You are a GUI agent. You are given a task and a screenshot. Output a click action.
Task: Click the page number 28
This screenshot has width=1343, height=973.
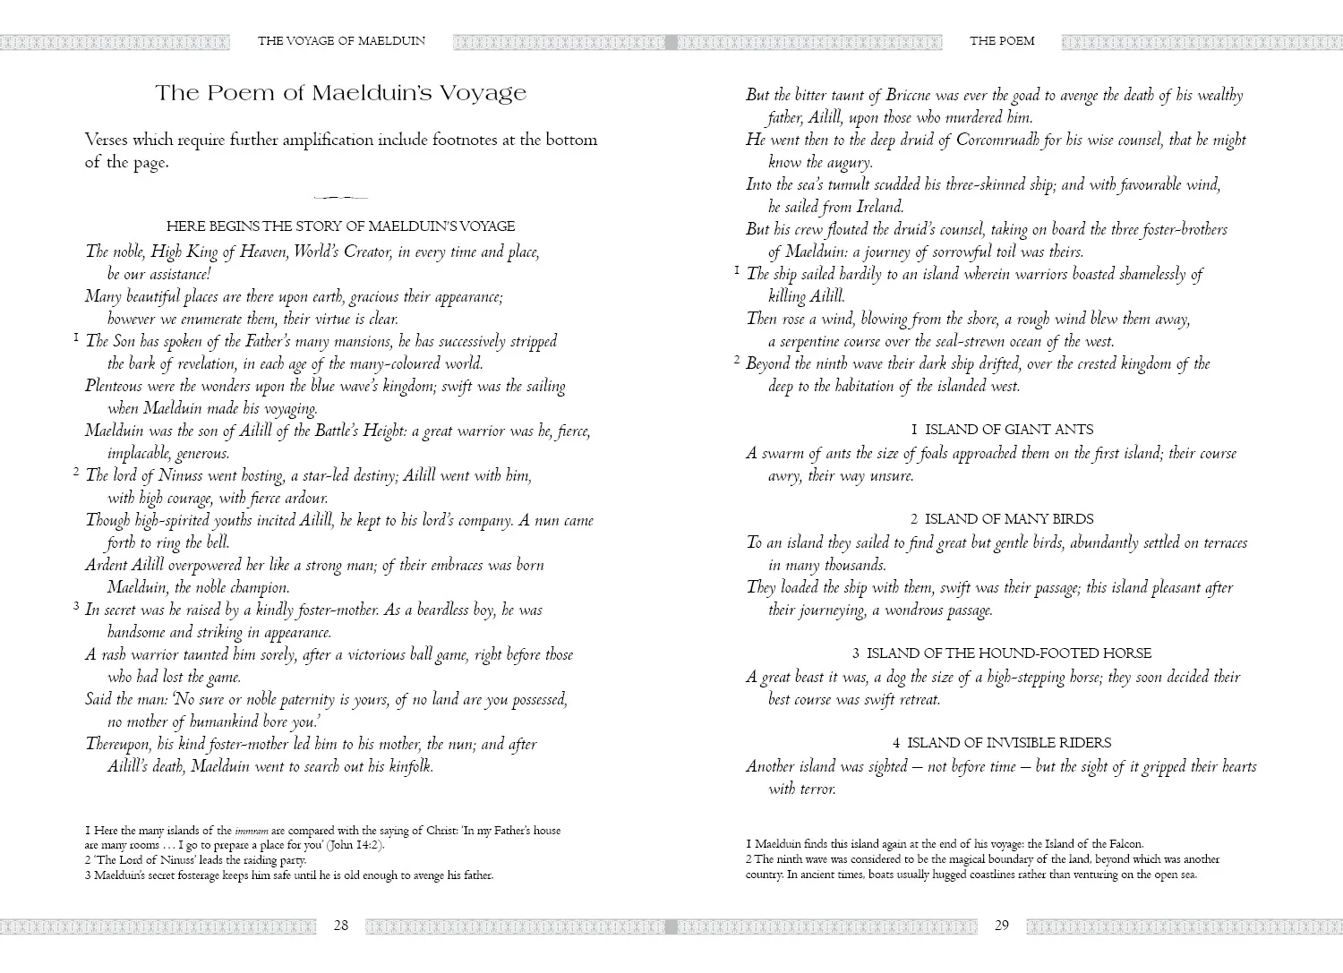(x=341, y=926)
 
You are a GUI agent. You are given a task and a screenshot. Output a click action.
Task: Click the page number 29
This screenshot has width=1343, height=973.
(x=1002, y=926)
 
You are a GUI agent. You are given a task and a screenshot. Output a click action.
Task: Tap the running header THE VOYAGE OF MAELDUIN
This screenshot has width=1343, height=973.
(x=341, y=40)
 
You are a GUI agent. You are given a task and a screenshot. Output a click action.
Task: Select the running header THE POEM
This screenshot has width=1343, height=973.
(x=1002, y=40)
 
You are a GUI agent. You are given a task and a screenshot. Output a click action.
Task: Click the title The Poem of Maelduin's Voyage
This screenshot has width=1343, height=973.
(x=341, y=93)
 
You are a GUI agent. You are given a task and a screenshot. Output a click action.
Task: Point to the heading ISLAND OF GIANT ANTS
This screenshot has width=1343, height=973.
(x=1002, y=430)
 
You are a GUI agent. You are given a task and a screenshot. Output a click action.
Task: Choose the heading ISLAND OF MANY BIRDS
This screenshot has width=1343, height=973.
(x=1002, y=519)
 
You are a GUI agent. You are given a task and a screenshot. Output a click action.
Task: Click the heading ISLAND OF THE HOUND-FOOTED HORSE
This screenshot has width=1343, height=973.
(x=1002, y=653)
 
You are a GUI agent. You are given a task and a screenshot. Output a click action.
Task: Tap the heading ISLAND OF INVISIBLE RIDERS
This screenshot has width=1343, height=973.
(x=1002, y=743)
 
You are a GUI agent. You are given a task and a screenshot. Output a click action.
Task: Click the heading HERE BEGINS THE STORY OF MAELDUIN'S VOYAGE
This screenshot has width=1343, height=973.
(x=341, y=226)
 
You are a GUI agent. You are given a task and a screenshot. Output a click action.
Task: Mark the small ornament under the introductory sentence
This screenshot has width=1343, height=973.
(x=341, y=197)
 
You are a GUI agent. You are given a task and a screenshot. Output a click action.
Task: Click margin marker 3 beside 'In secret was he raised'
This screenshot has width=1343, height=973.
(x=77, y=607)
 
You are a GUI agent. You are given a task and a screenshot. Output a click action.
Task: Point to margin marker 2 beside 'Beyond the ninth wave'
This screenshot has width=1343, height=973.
(x=737, y=361)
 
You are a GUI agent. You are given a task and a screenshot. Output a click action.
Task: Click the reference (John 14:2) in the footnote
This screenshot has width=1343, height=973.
(x=355, y=845)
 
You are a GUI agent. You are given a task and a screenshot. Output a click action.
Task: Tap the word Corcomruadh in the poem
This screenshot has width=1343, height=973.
(x=999, y=141)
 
